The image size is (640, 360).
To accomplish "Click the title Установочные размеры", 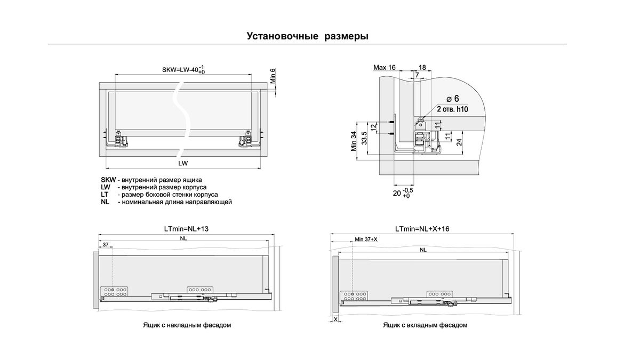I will (308, 36).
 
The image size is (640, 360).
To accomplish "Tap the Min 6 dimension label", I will (273, 77).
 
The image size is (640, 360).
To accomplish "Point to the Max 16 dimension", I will (384, 68).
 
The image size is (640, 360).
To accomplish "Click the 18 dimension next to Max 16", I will (422, 68).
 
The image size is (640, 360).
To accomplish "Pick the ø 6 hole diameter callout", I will (453, 99).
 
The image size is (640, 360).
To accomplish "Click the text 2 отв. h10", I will (452, 109).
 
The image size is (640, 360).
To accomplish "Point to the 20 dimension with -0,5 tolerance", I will (402, 193).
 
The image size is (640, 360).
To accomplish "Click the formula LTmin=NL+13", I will (186, 228).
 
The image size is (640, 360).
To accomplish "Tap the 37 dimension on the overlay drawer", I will (106, 244).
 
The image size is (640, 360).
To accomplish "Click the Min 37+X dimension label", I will (366, 239).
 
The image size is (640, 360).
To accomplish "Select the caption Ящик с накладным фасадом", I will (187, 325).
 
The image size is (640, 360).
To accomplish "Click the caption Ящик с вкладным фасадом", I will (425, 325).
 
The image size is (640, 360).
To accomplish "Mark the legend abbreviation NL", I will (105, 202).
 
